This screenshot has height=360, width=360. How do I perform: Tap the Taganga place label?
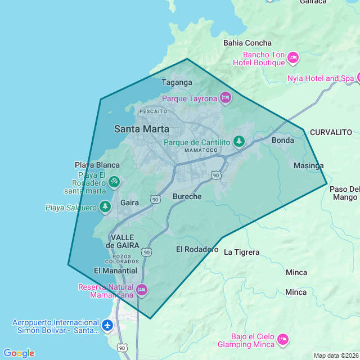pos(177,82)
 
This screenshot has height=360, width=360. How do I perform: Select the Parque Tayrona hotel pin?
pos(226,98)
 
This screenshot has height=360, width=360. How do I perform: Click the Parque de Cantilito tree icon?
pos(239,141)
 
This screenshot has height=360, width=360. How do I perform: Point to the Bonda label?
pos(283,140)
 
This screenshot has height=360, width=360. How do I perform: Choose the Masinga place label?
pos(309,165)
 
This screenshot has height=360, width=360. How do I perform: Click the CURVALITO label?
pos(331,132)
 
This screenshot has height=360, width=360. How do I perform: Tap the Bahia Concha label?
pos(247,43)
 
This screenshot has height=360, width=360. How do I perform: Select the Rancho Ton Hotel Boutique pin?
pos(292,58)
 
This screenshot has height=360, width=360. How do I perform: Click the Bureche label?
pos(187,196)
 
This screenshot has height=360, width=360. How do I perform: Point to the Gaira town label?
pos(130,202)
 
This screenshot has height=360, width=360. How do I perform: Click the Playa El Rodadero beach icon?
pos(114,182)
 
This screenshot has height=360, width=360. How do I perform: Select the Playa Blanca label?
pos(97,165)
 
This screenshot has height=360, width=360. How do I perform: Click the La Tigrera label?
pos(242,252)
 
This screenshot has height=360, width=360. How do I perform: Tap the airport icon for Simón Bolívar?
pos(107,325)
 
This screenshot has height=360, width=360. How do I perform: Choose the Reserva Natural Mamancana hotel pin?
pos(141,290)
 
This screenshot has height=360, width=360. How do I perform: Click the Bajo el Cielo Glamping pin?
pos(283,339)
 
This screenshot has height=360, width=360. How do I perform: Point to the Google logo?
pos(19,353)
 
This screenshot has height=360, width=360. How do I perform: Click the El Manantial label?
pos(115,271)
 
